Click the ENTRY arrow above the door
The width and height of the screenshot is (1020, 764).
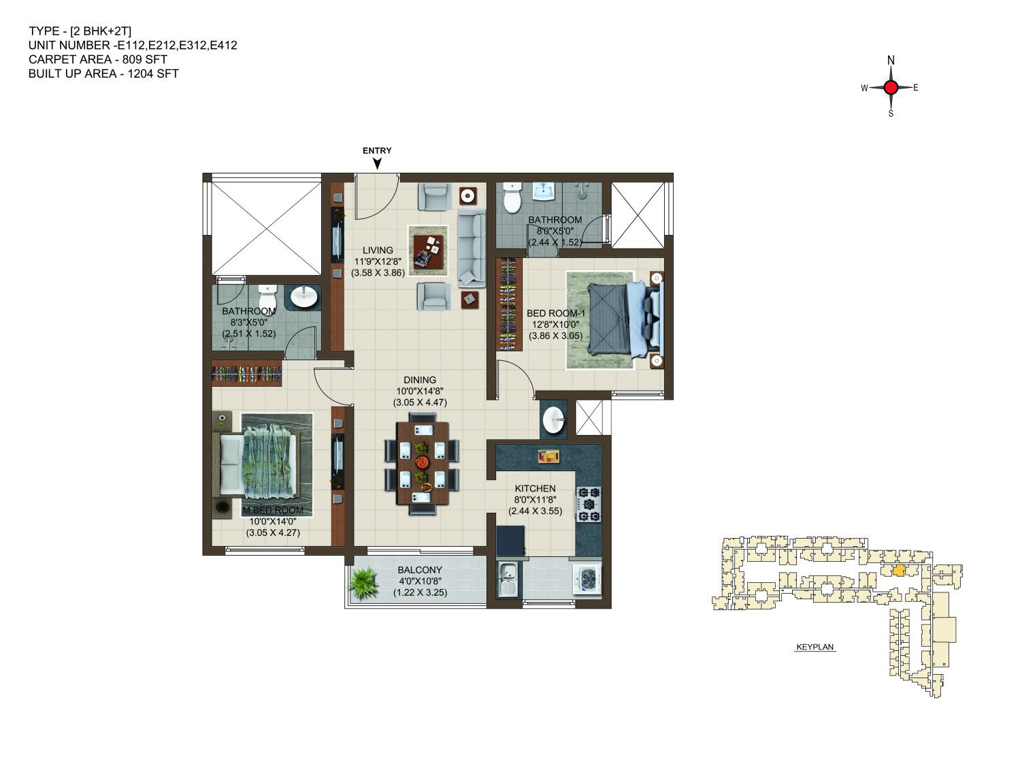point(378,163)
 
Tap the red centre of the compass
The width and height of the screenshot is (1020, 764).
point(890,87)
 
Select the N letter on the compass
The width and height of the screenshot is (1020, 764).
point(891,60)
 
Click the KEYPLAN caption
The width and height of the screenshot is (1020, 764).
point(815,647)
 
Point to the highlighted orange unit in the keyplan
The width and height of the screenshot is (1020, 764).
point(900,570)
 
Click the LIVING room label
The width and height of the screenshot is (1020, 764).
point(378,250)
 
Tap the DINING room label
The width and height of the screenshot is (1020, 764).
point(420,380)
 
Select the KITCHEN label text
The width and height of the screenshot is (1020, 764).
point(535,488)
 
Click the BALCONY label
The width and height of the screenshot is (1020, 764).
point(420,570)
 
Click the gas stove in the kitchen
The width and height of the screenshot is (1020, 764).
point(589,504)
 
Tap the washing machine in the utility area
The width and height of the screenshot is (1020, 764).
point(587,579)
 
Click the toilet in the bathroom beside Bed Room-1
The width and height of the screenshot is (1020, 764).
point(513,197)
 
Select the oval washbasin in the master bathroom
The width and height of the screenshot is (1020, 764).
point(304,297)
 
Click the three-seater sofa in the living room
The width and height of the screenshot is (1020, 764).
point(471,249)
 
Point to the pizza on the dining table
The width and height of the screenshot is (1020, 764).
point(423,462)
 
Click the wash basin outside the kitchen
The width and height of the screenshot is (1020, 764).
point(553,420)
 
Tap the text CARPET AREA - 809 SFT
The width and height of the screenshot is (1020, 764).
point(97,59)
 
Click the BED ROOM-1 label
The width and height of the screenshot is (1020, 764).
point(556,313)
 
